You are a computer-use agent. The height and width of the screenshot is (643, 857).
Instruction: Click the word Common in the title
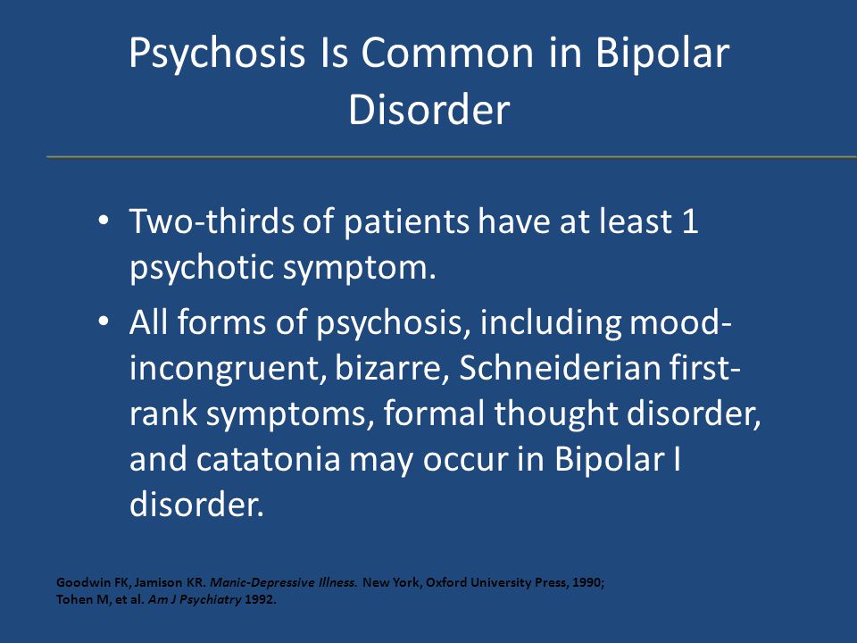(446, 53)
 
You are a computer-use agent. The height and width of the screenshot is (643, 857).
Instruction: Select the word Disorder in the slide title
(429, 109)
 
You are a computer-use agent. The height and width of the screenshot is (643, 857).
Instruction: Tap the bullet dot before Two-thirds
(103, 221)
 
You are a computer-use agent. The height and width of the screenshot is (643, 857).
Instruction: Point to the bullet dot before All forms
(103, 321)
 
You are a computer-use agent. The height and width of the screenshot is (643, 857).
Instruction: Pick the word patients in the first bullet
(406, 222)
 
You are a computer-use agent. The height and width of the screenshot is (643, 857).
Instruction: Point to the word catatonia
(268, 458)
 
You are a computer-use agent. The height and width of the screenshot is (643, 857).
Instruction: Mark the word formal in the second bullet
(434, 413)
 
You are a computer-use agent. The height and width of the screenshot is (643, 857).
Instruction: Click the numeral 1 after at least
(690, 221)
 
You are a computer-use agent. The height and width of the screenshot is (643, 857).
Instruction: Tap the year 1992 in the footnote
(260, 599)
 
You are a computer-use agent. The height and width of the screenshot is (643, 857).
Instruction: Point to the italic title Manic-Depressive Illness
(284, 583)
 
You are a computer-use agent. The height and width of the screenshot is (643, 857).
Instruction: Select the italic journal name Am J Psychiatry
(195, 600)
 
